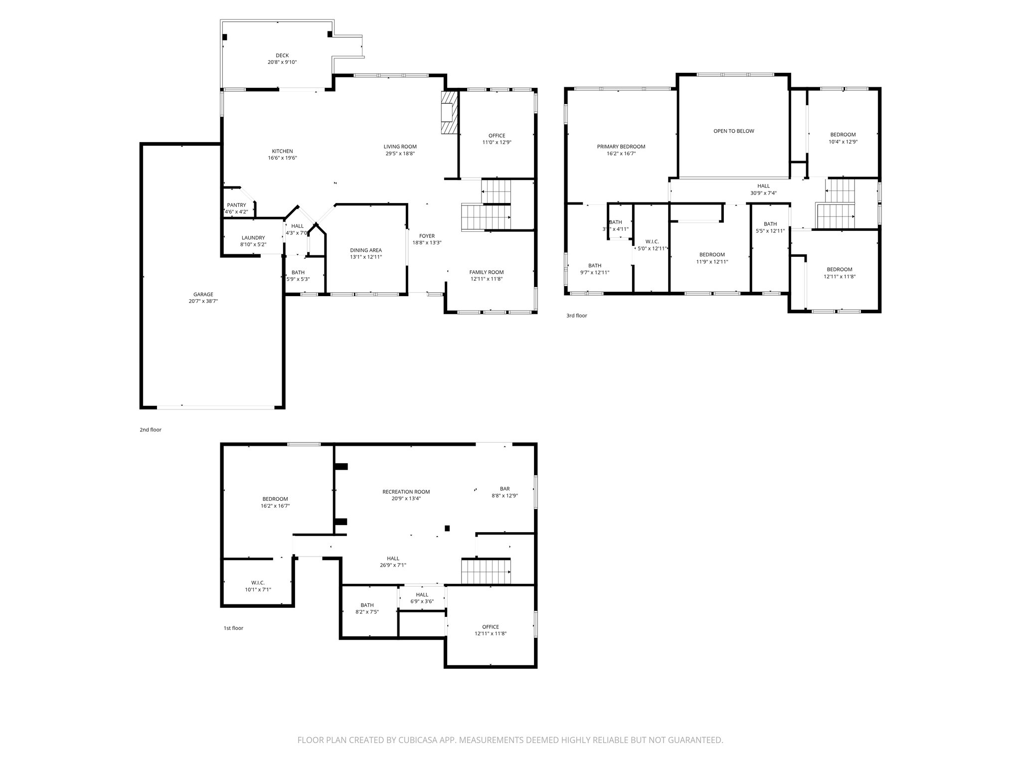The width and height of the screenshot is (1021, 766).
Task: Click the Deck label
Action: tap(282, 55)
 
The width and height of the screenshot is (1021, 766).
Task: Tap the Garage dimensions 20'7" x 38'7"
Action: tap(203, 301)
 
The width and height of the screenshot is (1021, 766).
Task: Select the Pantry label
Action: tap(236, 205)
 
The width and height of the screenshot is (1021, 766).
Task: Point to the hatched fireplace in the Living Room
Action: tap(449, 113)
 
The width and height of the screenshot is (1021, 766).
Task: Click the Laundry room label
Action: tap(253, 238)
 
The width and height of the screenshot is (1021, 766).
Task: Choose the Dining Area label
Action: tap(366, 250)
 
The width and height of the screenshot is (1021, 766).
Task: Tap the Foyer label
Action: tap(427, 236)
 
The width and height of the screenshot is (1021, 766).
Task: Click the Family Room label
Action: tap(487, 272)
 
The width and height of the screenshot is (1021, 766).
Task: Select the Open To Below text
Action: tap(734, 131)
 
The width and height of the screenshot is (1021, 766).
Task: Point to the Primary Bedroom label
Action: tap(621, 147)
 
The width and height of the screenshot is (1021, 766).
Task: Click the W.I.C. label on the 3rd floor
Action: tap(652, 241)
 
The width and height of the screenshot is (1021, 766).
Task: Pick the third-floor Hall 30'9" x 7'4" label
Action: tap(764, 186)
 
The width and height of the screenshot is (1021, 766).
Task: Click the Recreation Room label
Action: tap(406, 492)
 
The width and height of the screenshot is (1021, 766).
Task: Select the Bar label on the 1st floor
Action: tap(505, 489)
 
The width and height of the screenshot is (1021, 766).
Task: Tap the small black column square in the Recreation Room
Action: tap(447, 528)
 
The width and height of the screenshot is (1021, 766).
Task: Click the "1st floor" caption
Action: tap(233, 628)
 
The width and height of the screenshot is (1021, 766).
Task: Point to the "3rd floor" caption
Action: tap(577, 316)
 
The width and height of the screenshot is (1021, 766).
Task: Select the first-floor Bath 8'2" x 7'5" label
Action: tap(367, 605)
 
